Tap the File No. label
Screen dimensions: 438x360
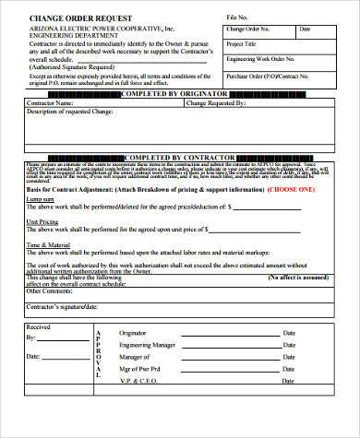click(x=235, y=18)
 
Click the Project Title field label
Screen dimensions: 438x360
click(x=242, y=43)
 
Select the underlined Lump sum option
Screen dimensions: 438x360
click(x=41, y=198)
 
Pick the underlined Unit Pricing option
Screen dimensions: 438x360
click(x=43, y=222)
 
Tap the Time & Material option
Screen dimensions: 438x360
click(x=48, y=244)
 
